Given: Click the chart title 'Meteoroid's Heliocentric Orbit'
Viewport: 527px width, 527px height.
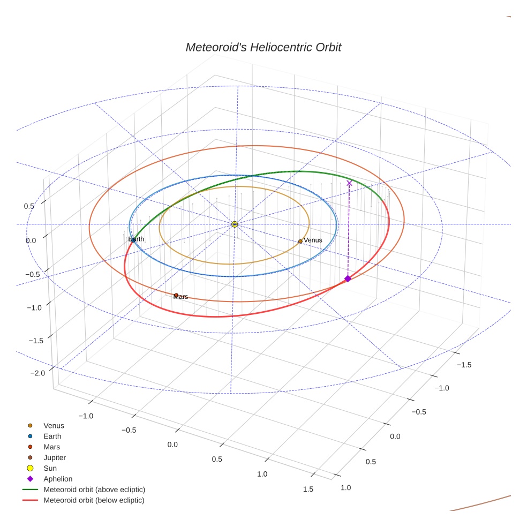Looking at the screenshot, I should [x=263, y=47].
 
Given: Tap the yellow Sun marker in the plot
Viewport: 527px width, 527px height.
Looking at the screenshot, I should [x=235, y=224].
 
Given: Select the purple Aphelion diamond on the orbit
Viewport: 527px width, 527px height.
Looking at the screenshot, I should [x=348, y=278].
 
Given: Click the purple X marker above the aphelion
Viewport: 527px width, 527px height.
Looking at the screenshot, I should [x=349, y=183].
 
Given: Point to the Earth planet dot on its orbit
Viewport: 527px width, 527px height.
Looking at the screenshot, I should [x=133, y=240].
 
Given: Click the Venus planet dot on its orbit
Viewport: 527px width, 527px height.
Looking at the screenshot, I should [x=300, y=242].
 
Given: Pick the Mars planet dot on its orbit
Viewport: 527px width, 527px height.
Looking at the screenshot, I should [x=176, y=295].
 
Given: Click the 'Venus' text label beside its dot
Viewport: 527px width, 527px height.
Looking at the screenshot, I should [x=313, y=240].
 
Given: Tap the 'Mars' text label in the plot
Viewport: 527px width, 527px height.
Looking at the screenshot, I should [x=181, y=297].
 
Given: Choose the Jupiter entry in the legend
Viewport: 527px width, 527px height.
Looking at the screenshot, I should [x=55, y=457].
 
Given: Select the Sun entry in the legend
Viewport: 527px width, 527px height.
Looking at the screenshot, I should [x=50, y=468].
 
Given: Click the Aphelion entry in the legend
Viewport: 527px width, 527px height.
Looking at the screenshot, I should [x=58, y=479].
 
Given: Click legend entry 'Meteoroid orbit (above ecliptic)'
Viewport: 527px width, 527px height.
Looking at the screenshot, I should [x=94, y=490].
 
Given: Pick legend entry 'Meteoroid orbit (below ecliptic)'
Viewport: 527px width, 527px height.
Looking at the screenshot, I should [x=94, y=500].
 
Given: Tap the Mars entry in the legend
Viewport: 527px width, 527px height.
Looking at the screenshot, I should [x=51, y=447].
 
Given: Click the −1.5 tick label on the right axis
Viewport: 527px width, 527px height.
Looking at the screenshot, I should [x=463, y=365].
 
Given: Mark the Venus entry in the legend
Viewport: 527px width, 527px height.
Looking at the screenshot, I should [x=54, y=425].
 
